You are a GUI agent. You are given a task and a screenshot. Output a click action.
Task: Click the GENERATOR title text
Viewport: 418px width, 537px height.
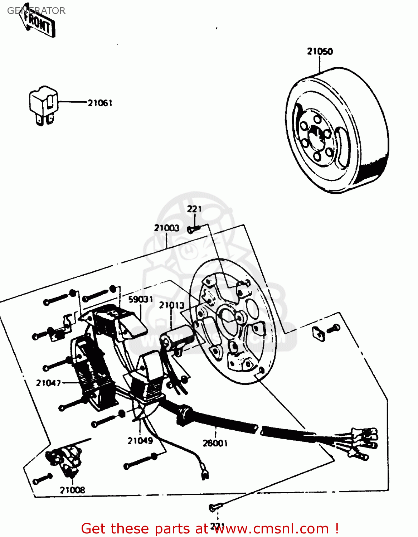point(36,11)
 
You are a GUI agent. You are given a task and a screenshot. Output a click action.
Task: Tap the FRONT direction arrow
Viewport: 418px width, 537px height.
point(39,24)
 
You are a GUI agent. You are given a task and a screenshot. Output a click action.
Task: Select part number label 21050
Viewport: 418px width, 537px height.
point(320,52)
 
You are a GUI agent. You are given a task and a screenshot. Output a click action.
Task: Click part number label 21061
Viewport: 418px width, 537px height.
point(100,103)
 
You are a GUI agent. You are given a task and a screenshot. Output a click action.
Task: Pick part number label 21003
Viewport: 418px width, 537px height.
point(166,228)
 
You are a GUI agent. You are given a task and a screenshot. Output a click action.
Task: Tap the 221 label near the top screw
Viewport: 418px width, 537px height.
point(194,209)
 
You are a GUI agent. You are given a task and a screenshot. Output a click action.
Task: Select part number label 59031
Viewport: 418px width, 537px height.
point(141,299)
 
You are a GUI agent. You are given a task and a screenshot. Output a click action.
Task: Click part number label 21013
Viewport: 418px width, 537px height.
point(172,305)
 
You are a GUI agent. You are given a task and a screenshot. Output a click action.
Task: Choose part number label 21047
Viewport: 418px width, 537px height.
point(48,383)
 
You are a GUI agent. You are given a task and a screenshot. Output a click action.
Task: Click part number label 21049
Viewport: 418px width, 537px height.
point(140,441)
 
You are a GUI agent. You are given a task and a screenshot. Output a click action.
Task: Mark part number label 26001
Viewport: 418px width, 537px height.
point(215,443)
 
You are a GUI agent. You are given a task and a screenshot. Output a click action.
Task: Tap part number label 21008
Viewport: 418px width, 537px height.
point(72,490)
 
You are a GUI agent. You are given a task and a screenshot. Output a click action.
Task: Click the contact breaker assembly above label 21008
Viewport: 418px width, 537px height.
point(64,460)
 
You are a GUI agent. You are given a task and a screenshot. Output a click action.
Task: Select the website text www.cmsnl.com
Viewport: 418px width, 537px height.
point(272,528)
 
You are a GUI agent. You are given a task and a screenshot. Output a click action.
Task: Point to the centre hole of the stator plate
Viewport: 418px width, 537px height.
point(229,317)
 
